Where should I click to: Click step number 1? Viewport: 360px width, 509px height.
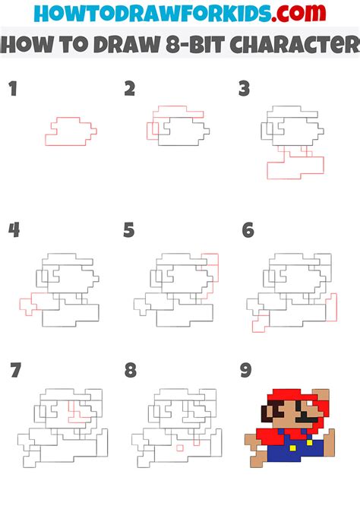point(12,90)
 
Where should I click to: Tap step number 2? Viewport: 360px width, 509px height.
point(130,90)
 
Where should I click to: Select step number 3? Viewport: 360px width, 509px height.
point(245,90)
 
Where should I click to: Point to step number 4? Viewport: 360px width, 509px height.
point(14,229)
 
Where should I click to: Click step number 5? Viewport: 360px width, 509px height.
point(129,229)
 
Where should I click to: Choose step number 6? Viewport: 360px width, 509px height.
point(247,229)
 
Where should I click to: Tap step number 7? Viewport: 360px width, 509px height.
point(15,370)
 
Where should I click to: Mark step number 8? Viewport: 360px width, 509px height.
point(131,370)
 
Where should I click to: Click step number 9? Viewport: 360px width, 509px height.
point(245,370)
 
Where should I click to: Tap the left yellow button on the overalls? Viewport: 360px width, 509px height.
point(283,434)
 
